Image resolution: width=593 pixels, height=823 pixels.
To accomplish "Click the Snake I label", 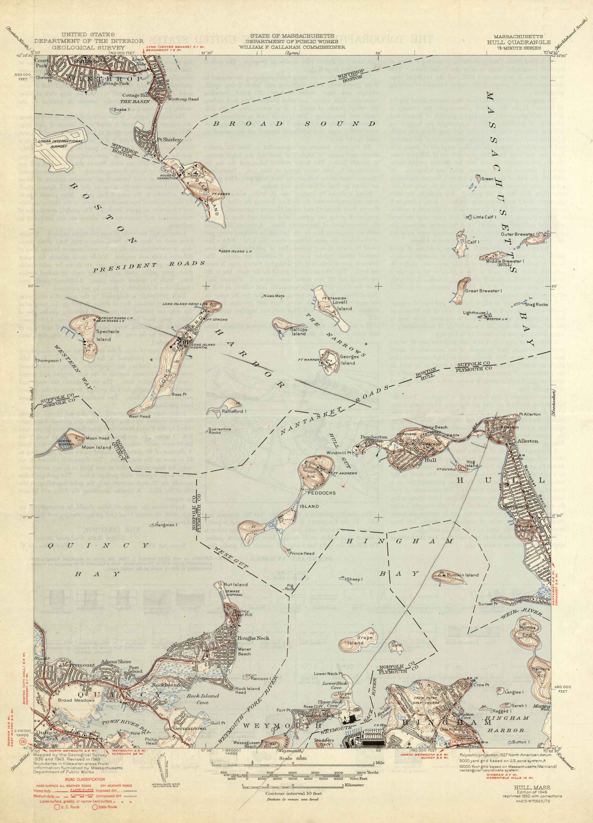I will [122, 109].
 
